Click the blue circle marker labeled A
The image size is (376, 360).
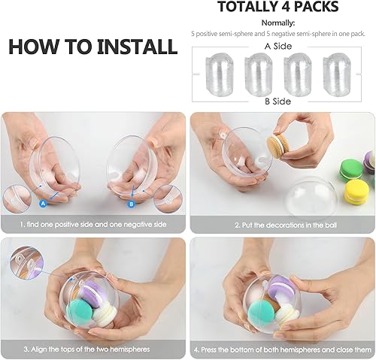click(42, 202)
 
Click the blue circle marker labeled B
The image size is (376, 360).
click(132, 202)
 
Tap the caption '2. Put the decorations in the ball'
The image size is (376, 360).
click(282, 225)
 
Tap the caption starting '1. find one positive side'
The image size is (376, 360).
click(94, 225)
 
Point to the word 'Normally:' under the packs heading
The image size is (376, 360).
click(283, 22)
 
